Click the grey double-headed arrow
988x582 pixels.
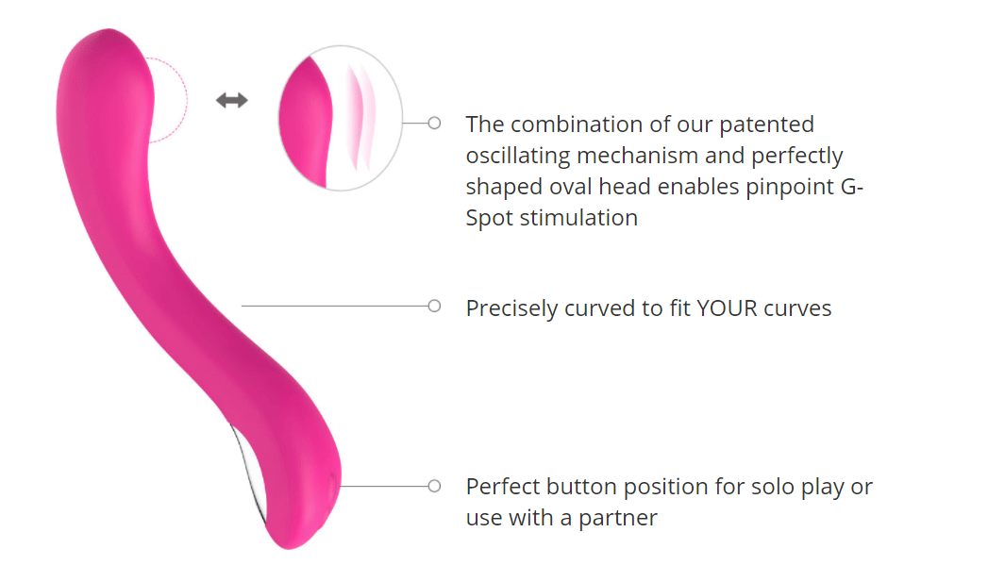tap(232, 100)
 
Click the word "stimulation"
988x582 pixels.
tap(578, 218)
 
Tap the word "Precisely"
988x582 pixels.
tap(511, 308)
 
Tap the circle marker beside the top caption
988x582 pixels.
tap(434, 123)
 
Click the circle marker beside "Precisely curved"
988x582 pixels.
tap(434, 307)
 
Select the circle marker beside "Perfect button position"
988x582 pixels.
tap(434, 487)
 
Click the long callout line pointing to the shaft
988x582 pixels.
tap(335, 307)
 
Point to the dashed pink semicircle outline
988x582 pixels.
tap(187, 100)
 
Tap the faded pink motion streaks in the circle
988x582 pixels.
tap(361, 118)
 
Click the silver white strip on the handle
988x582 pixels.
tap(248, 473)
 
